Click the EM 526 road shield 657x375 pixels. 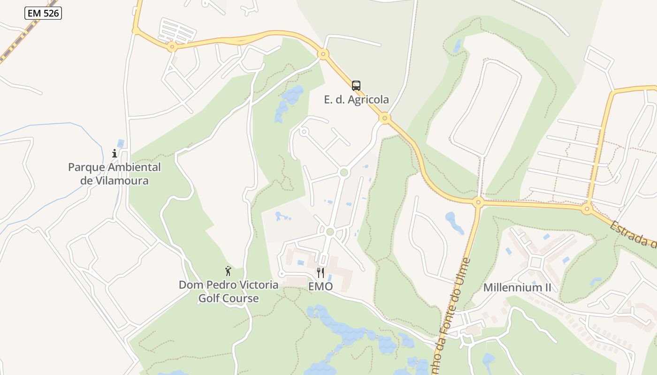click(43, 13)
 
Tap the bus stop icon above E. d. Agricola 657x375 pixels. click(356, 86)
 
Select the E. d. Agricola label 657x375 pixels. click(356, 99)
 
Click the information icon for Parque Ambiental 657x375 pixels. click(114, 153)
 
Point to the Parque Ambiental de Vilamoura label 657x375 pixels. click(114, 173)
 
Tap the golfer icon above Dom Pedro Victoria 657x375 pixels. click(228, 271)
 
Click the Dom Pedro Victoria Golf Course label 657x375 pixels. click(228, 291)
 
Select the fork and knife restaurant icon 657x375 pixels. click(321, 273)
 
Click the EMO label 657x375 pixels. click(321, 286)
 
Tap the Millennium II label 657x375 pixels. click(517, 287)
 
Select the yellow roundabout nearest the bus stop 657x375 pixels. click(385, 118)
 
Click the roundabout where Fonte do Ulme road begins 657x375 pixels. click(478, 202)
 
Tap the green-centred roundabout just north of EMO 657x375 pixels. click(330, 232)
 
